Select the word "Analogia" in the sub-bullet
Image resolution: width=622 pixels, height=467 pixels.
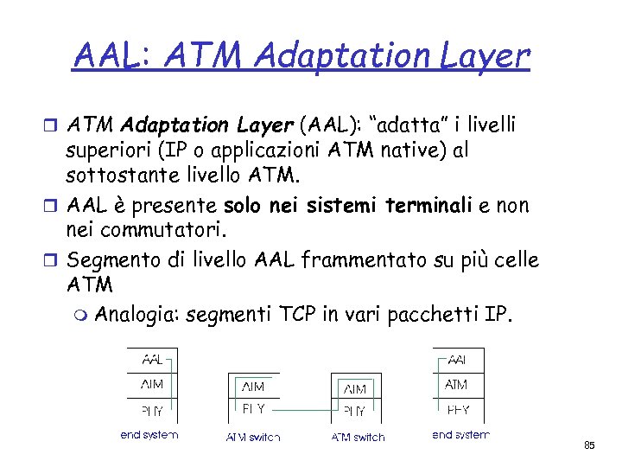(135, 314)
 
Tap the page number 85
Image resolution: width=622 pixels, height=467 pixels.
(589, 445)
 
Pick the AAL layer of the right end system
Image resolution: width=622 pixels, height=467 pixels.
(457, 359)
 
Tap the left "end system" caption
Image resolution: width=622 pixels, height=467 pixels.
(149, 435)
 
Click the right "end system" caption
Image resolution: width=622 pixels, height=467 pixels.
(460, 435)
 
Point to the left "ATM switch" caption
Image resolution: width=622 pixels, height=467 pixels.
(253, 438)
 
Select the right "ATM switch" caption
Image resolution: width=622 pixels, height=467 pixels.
(358, 438)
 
